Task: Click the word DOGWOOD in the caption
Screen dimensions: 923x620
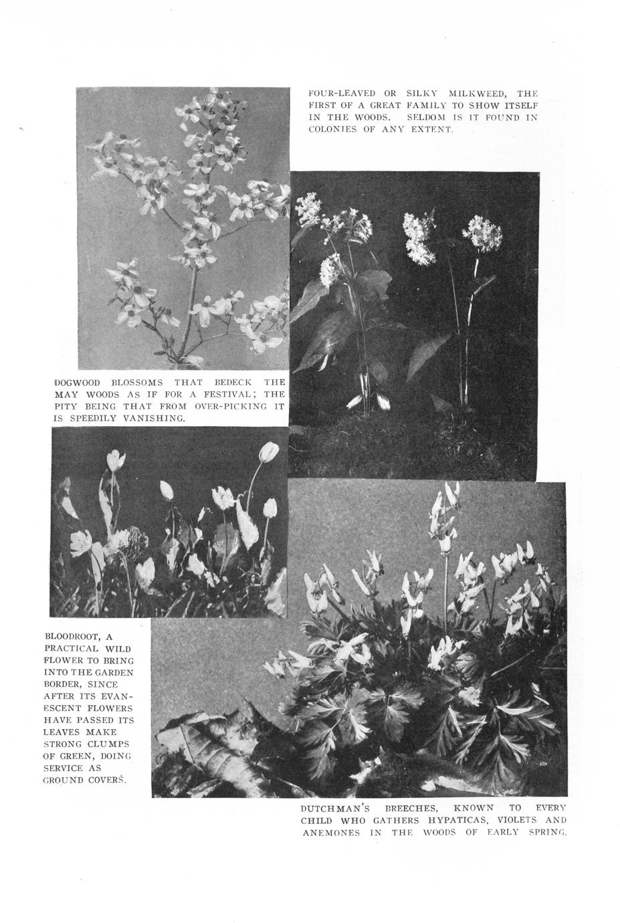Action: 77,383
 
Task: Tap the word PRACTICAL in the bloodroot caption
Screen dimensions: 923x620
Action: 72,648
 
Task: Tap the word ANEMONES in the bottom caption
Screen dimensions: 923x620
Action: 330,833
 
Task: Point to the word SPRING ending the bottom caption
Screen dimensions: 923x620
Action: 545,833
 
